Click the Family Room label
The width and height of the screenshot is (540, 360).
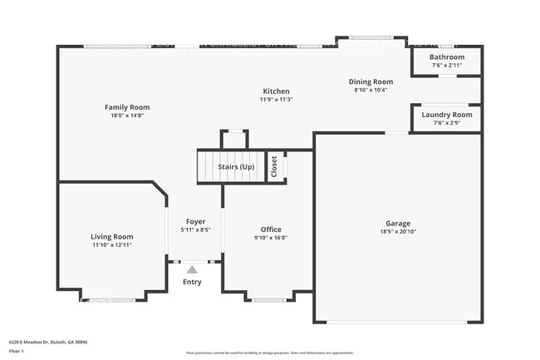pos(126,107)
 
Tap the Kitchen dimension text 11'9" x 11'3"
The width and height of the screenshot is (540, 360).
pos(276,100)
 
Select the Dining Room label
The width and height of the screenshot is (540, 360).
pos(371,81)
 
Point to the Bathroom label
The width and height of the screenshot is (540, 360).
pos(446,57)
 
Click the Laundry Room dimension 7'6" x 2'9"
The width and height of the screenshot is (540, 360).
pos(446,123)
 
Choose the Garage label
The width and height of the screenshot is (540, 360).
pos(397,223)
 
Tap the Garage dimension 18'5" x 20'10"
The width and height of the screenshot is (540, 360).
pos(397,231)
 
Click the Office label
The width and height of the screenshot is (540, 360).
pos(271,229)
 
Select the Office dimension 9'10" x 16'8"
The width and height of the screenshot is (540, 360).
pos(271,238)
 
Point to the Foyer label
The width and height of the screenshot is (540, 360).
pos(194,222)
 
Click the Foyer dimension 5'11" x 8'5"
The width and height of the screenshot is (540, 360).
pos(194,230)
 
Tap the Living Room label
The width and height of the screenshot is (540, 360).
pos(111,237)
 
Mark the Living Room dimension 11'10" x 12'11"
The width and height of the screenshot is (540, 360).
pos(111,245)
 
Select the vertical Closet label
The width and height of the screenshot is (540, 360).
pos(274,166)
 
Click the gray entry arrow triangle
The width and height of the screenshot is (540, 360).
pos(192,269)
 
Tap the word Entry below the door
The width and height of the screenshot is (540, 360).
pos(192,283)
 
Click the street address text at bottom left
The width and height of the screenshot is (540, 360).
pos(48,342)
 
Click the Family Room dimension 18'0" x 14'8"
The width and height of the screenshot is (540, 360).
pos(126,116)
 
